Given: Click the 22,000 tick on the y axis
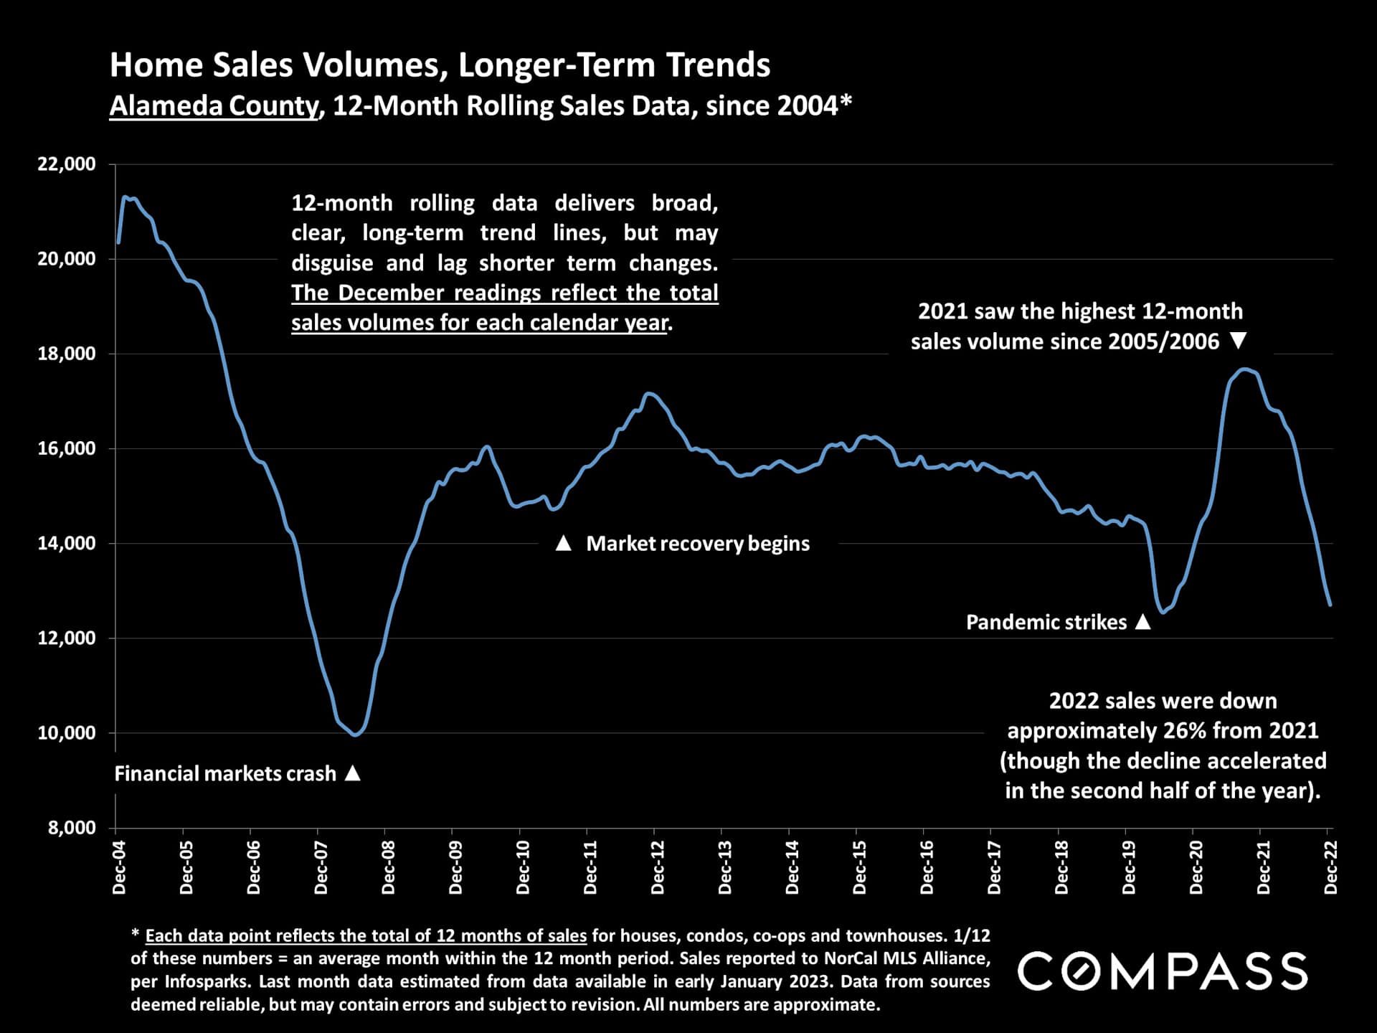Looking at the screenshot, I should (x=67, y=164).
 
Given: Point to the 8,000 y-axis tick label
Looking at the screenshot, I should (x=72, y=828).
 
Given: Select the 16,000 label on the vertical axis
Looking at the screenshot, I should (x=67, y=448).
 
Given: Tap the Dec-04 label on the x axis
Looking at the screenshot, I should (x=119, y=867).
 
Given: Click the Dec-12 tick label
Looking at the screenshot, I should (x=658, y=867).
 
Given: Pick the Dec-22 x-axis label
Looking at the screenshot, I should (x=1331, y=867).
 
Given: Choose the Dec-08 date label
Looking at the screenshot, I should (x=389, y=867).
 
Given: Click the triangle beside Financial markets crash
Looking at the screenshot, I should (x=352, y=773).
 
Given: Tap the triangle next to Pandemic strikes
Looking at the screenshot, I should (x=1143, y=622).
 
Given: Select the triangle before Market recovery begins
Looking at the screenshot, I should (x=564, y=544).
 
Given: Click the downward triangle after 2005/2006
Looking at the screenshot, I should (x=1239, y=341).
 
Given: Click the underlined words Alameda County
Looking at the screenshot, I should (x=213, y=105).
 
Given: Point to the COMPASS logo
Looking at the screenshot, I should (x=1163, y=971).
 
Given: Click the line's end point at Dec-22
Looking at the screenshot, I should (x=1330, y=605).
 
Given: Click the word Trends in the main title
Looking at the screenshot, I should (x=718, y=65).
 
